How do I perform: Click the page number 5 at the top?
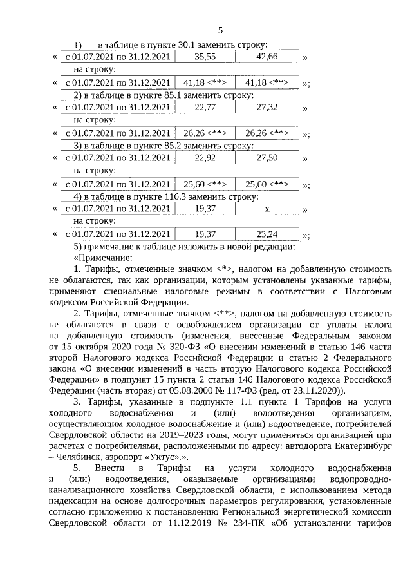pos(220,30)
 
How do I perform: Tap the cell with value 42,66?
pos(267,57)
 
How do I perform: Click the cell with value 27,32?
pos(267,107)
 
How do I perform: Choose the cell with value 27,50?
pos(267,157)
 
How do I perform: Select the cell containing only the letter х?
pos(267,208)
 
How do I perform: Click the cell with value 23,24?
pos(267,234)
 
